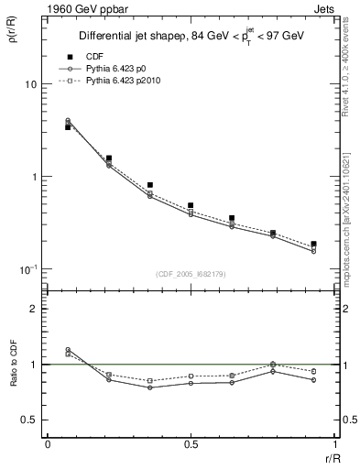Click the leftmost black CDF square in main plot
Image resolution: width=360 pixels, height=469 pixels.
[68, 127]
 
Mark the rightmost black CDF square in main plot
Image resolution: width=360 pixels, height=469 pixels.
[313, 245]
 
